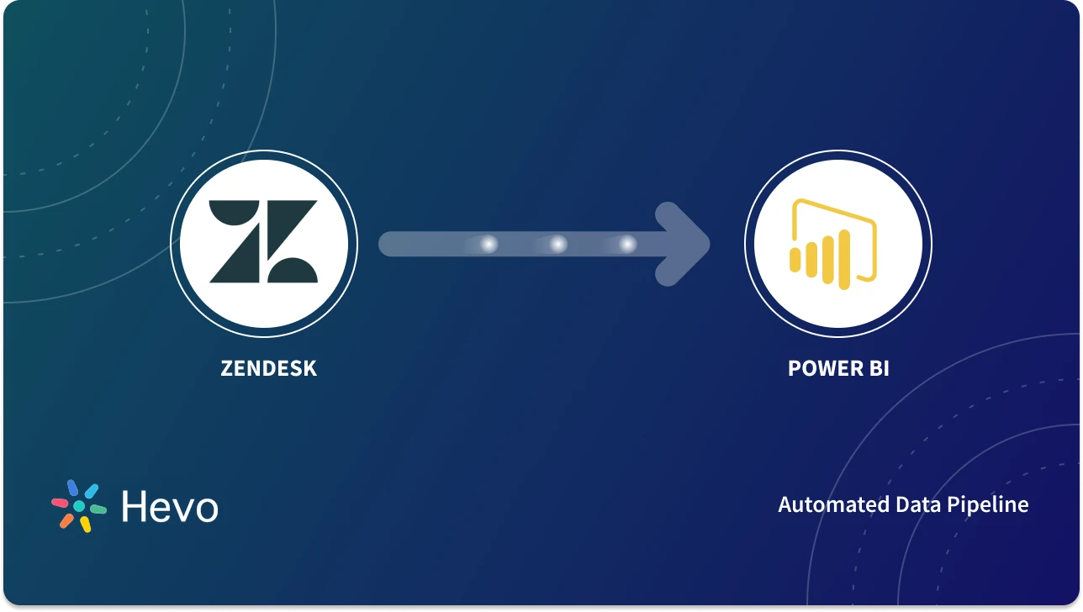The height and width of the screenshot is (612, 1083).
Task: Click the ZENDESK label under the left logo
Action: tap(268, 368)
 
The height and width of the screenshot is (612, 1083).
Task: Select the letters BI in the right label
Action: tap(875, 368)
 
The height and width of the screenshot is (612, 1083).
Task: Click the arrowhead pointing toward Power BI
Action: tap(685, 244)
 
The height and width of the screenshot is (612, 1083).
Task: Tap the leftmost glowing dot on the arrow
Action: tap(489, 244)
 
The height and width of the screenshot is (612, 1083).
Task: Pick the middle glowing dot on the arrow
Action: tap(557, 244)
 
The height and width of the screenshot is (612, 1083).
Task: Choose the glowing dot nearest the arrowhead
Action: tap(626, 244)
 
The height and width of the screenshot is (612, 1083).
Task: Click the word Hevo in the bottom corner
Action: tap(169, 507)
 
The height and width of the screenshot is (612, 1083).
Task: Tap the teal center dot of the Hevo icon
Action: tap(79, 506)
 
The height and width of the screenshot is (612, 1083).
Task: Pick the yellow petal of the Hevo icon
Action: tap(85, 524)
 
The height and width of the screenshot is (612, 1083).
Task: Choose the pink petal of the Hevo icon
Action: tap(61, 503)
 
